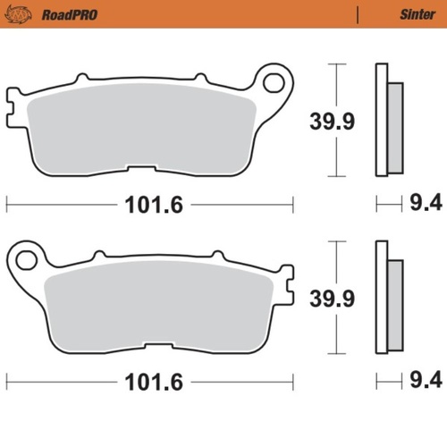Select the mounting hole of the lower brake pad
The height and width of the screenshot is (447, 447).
coord(26,260)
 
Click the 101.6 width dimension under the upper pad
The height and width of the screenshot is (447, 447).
coord(149,205)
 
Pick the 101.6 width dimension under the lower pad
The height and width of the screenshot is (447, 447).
coord(149,382)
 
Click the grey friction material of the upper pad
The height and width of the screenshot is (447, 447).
coord(143,130)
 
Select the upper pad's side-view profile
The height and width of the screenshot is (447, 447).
coord(386,120)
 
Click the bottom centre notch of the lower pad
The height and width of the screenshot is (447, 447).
coord(159,347)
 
